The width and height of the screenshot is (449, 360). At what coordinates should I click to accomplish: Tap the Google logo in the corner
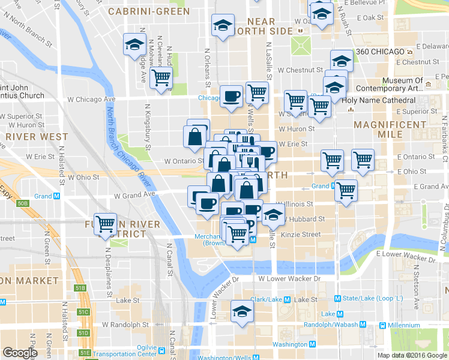coord(20,352)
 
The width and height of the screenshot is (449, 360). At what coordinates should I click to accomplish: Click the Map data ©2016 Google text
coord(412,355)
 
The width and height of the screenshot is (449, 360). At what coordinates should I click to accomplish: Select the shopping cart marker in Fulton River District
coord(106,224)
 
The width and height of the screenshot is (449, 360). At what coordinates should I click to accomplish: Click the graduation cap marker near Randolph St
coord(242,311)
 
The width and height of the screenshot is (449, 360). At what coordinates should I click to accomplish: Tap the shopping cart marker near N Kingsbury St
coord(161,77)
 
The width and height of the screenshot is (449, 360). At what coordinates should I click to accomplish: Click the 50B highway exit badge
coord(23,203)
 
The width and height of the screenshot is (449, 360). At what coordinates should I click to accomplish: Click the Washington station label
coord(289,344)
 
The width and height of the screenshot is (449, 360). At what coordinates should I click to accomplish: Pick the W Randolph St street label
coord(125,325)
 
